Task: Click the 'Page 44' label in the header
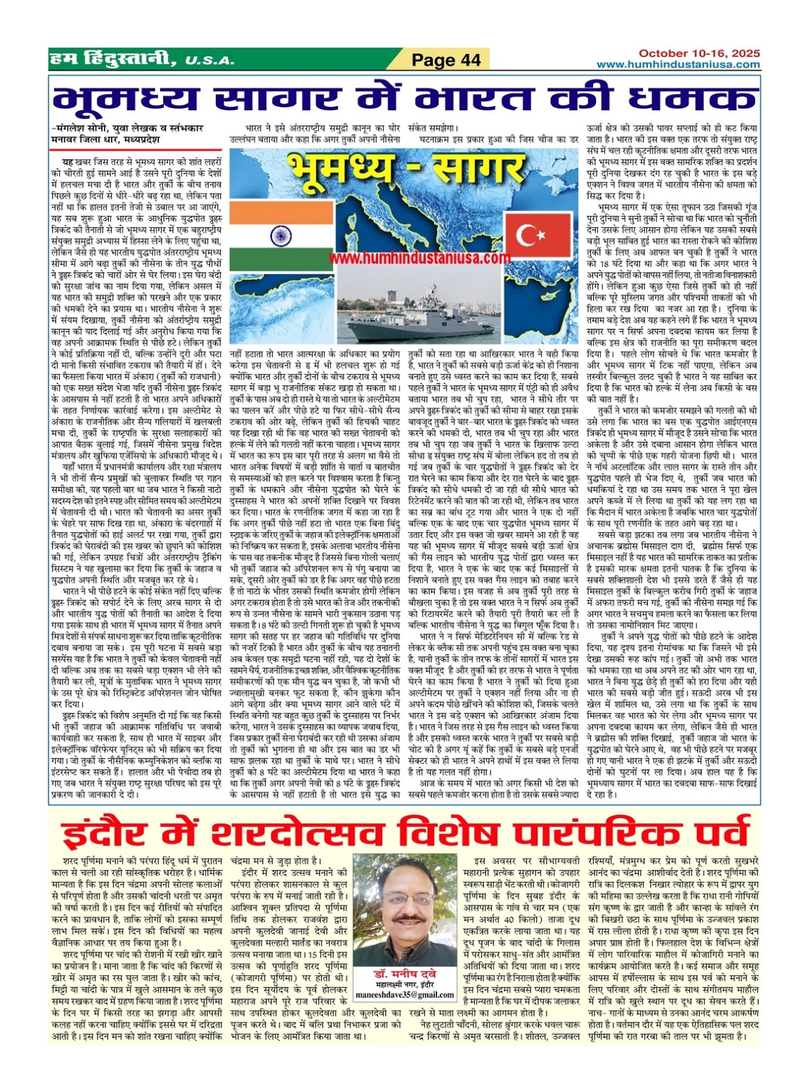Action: point(447,61)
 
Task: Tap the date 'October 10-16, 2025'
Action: point(698,53)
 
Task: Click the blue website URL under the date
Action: point(678,64)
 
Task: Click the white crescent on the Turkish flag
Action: point(528,234)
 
